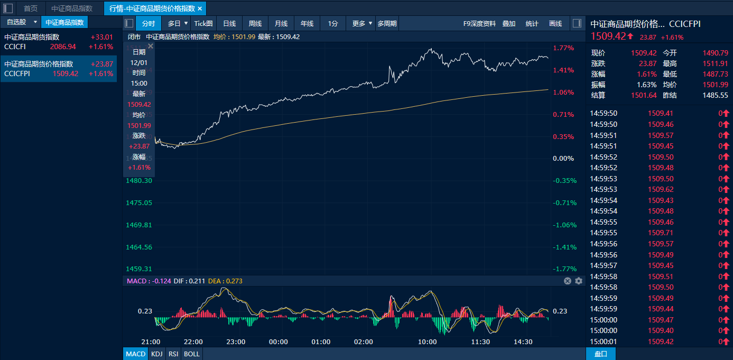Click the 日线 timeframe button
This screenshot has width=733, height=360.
point(229,23)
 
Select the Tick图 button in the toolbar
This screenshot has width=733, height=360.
point(203,23)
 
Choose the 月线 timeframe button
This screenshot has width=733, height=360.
point(281,23)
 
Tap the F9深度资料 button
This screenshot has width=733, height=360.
point(479,23)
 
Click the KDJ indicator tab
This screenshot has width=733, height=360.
point(156,354)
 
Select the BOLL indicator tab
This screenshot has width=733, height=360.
point(192,354)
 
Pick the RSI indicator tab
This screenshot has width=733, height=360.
point(173,354)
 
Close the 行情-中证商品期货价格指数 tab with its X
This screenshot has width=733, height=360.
point(200,8)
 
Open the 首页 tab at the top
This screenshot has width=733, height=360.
point(31,8)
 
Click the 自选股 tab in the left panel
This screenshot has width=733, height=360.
point(16,22)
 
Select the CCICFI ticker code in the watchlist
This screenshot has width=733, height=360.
point(15,47)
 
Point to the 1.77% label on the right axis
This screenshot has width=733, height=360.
point(563,48)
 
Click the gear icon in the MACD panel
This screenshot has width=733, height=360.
point(579,281)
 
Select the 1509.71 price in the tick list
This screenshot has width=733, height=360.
point(661,233)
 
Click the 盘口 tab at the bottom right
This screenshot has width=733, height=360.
point(601,354)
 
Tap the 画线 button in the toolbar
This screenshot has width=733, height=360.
point(555,23)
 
